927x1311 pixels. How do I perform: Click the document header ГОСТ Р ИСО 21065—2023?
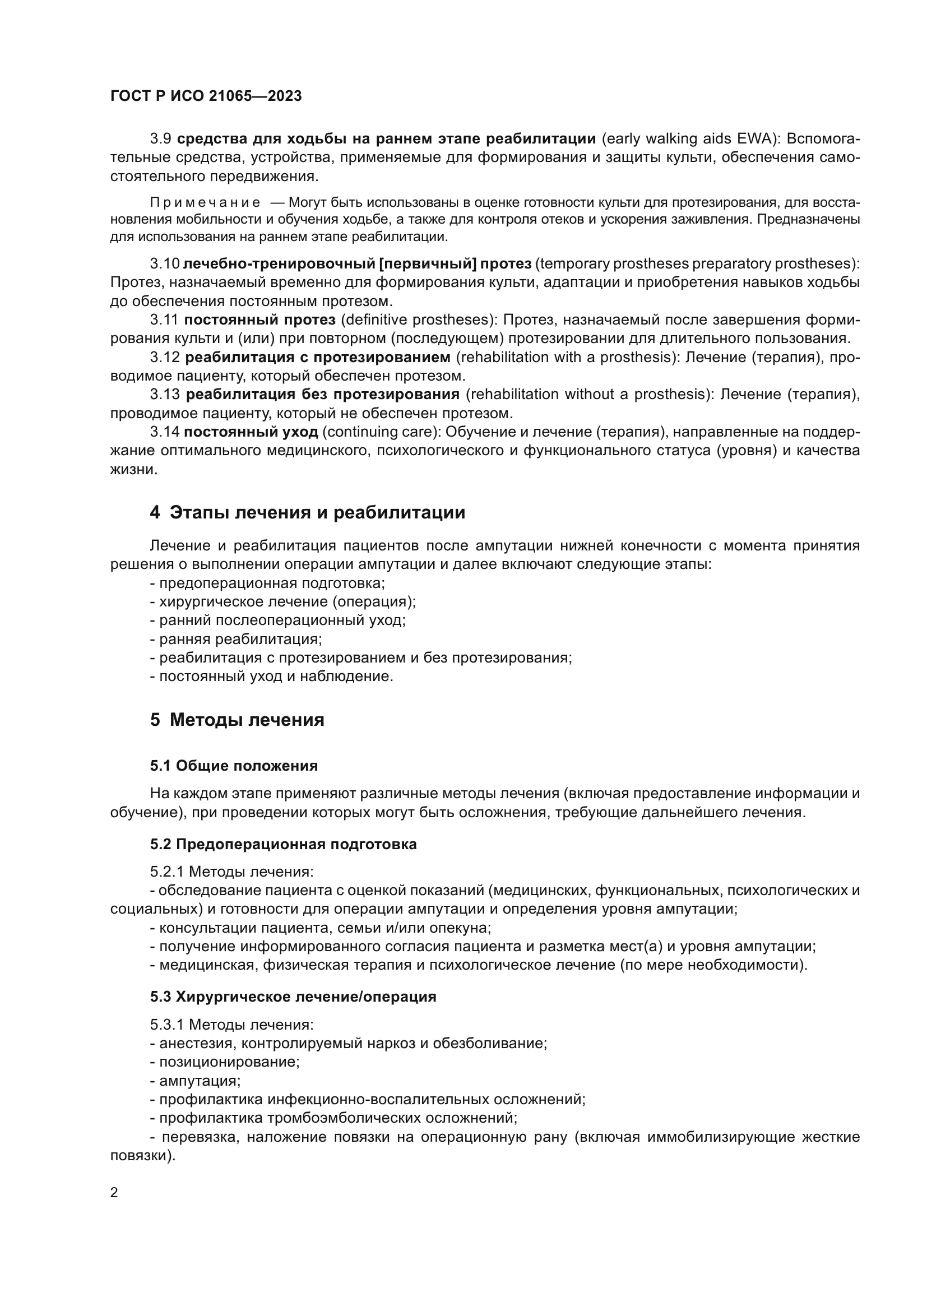coord(206,96)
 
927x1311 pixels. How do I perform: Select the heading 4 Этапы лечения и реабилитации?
coord(308,512)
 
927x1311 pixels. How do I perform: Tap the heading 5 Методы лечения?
coord(237,720)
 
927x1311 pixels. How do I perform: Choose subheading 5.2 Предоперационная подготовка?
coord(283,844)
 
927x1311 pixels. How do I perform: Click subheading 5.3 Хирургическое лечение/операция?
coord(293,997)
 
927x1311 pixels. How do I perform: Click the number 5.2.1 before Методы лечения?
coord(166,872)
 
